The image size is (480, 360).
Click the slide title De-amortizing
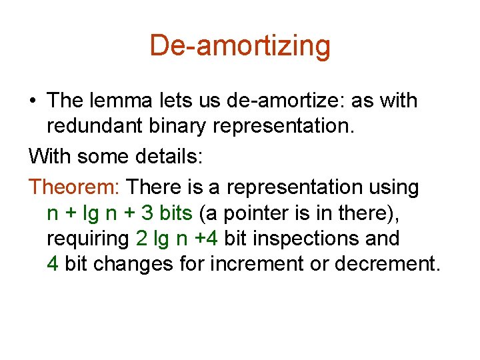pos(240,46)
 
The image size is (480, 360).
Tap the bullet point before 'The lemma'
pos(33,101)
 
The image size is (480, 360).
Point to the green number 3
pos(148,213)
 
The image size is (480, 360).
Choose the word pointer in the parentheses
pos(244,213)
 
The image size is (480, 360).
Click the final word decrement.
pos(387,264)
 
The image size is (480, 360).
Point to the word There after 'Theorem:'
pos(151,187)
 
